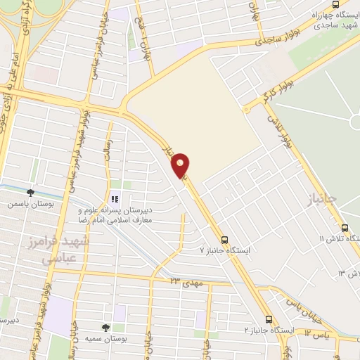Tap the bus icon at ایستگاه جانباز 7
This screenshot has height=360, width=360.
click(x=224, y=239)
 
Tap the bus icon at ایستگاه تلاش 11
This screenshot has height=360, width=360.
click(x=345, y=229)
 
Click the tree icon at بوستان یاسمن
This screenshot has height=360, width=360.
click(x=30, y=191)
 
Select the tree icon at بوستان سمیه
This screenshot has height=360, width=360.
click(x=105, y=327)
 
